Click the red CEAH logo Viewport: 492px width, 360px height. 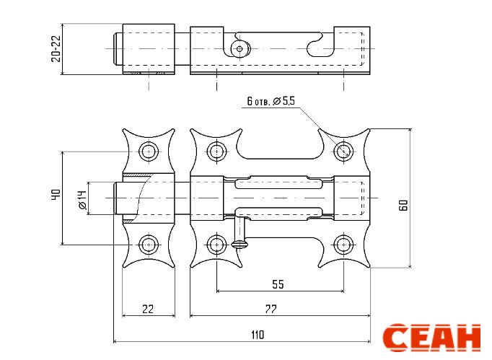[x=431, y=338]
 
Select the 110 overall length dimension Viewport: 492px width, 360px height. [x=258, y=335]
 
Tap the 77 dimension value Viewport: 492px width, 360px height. [x=271, y=309]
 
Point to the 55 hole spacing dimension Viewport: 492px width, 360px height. [x=278, y=284]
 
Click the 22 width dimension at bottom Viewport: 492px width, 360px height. [x=148, y=309]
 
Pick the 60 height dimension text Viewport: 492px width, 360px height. [x=403, y=205]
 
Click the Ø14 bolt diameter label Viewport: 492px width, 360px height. [x=82, y=200]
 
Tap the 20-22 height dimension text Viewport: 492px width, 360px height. [x=56, y=48]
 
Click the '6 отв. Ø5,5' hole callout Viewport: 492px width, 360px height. [x=271, y=101]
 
